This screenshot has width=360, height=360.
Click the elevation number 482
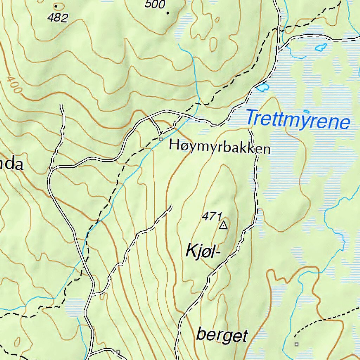click(x=58, y=18)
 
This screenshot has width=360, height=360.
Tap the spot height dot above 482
click(x=56, y=6)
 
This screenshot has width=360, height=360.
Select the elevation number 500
click(x=155, y=4)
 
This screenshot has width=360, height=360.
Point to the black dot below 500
click(x=168, y=13)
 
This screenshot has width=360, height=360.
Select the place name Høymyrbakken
click(x=220, y=147)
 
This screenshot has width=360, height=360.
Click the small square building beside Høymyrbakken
click(x=161, y=140)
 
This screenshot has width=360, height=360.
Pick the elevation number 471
click(x=212, y=217)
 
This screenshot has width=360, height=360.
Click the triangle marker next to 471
click(x=223, y=225)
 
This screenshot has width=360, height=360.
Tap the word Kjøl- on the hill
click(x=202, y=252)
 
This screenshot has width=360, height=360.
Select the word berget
click(x=222, y=335)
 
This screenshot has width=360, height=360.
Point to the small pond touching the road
click(x=262, y=87)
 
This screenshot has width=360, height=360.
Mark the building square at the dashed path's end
click(x=296, y=344)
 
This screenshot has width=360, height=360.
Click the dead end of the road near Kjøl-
click(x=172, y=206)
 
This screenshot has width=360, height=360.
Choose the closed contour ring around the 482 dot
click(x=60, y=6)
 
